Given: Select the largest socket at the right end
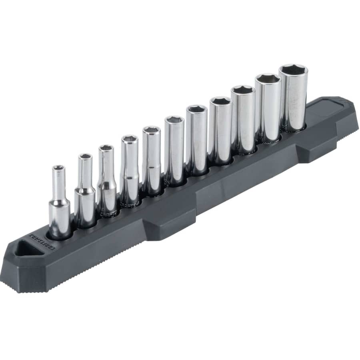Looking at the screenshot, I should pyautogui.click(x=293, y=98).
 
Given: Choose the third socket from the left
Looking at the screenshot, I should pyautogui.click(x=106, y=180).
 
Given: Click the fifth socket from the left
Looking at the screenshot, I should pyautogui.click(x=151, y=160).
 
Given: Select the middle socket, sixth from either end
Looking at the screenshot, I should pyautogui.click(x=174, y=150).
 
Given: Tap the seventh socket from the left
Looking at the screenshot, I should pyautogui.click(x=196, y=140).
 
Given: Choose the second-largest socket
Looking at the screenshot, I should pyautogui.click(x=268, y=108).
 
